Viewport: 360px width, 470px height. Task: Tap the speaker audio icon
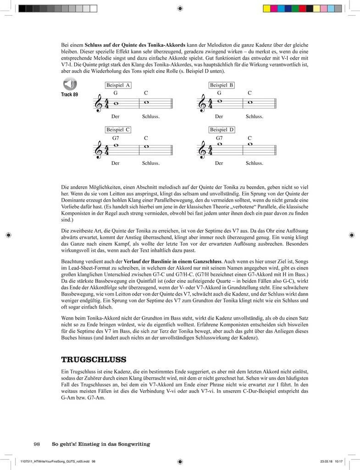(70, 84)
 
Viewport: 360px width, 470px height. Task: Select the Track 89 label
(69, 95)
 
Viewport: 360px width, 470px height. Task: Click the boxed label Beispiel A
(118, 85)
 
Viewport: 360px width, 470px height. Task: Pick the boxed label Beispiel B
(222, 85)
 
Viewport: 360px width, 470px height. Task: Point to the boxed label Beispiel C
(118, 129)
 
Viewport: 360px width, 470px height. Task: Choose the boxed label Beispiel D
(222, 129)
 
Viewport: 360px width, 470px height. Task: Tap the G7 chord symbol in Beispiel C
(116, 138)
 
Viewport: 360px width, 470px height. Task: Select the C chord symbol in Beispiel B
(250, 93)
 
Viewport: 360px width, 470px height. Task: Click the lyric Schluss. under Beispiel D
(254, 162)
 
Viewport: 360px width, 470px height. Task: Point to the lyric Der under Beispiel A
(115, 117)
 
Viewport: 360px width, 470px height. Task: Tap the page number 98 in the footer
(37, 444)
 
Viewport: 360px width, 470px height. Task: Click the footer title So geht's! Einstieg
(101, 444)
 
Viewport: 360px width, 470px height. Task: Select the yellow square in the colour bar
(266, 8)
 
